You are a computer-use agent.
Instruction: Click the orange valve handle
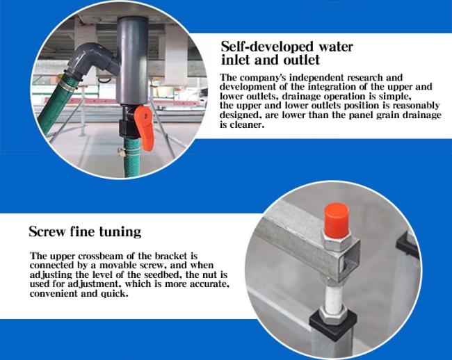(145, 126)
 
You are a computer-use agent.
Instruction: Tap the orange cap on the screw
(337, 217)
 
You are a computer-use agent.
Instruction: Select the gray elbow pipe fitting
(92, 60)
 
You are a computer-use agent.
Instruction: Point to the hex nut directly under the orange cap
(337, 240)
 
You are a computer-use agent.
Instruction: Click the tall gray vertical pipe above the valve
(132, 60)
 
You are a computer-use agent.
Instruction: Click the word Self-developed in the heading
(263, 47)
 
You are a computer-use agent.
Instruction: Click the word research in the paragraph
(365, 77)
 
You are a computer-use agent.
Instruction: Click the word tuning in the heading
(120, 232)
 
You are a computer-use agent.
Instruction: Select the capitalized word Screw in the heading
(47, 231)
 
